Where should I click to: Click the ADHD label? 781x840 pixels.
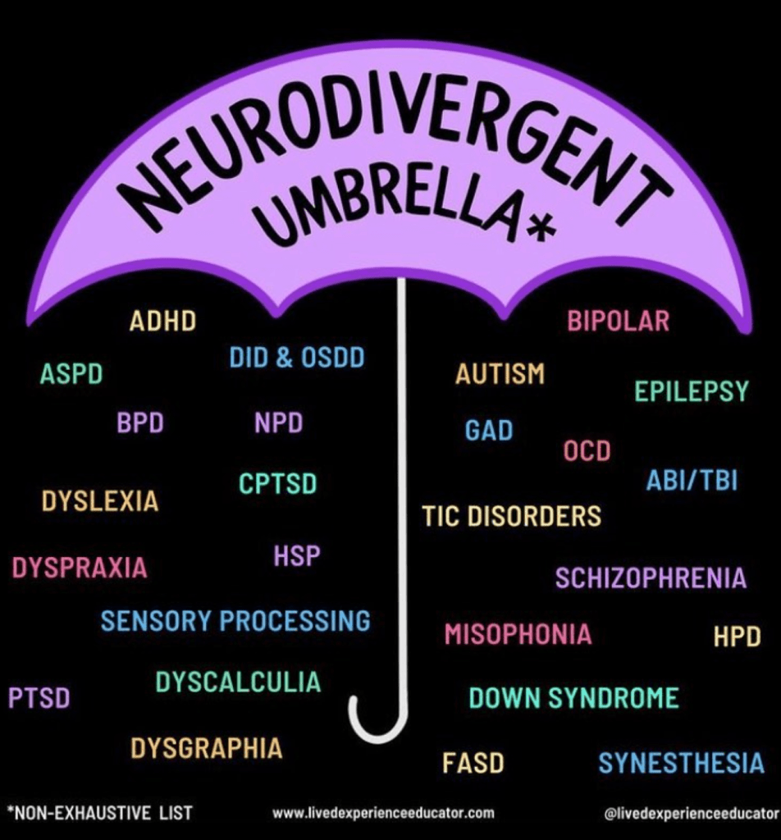click(x=163, y=321)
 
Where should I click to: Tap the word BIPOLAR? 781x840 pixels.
click(x=618, y=321)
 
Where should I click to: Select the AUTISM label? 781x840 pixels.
click(x=500, y=374)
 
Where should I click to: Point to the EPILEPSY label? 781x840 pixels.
click(x=692, y=391)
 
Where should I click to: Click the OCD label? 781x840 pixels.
click(x=587, y=450)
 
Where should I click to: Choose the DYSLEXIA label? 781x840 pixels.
click(x=100, y=501)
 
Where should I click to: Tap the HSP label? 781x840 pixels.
click(x=296, y=556)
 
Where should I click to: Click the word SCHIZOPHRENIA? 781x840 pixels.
click(x=651, y=578)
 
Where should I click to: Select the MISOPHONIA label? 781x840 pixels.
click(x=518, y=634)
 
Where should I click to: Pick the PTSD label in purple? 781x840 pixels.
click(x=39, y=698)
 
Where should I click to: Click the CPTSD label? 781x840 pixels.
click(x=277, y=484)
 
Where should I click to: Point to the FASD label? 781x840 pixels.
click(x=473, y=764)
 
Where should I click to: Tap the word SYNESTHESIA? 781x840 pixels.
click(x=681, y=764)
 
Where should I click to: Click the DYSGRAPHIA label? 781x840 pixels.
click(x=206, y=748)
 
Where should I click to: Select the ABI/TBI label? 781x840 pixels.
click(x=692, y=481)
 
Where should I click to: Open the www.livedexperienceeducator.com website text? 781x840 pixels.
click(x=383, y=813)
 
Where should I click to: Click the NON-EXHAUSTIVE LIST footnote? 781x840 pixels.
click(x=99, y=813)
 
